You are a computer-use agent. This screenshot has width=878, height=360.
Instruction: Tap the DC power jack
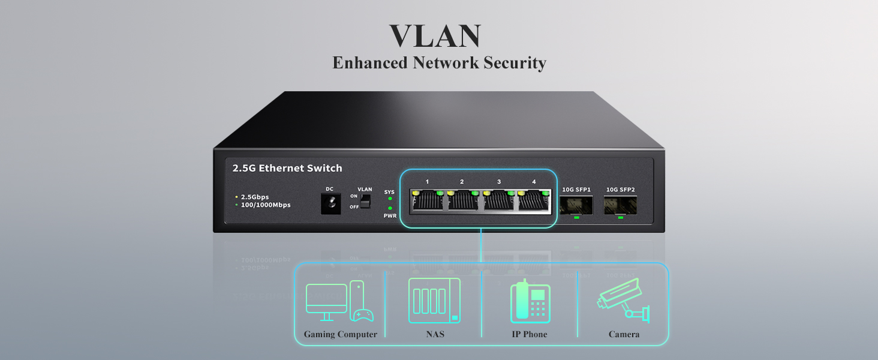point(330,204)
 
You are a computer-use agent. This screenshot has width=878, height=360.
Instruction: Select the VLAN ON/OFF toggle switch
point(365,201)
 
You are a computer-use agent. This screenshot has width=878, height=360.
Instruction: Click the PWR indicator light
point(390,208)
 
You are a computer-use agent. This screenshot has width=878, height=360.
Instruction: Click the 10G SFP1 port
point(576,205)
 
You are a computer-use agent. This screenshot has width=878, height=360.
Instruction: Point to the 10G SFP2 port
point(620,205)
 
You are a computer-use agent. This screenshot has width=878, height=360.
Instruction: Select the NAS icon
point(434,299)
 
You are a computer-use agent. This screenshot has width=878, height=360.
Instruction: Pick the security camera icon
point(624,299)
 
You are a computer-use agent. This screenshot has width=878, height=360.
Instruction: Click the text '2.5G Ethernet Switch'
point(287,169)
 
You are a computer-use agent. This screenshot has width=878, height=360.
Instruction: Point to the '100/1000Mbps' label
point(266,205)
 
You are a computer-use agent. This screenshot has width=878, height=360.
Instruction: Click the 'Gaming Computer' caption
point(340,335)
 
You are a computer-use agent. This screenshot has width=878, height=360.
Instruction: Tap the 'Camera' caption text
point(624,335)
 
